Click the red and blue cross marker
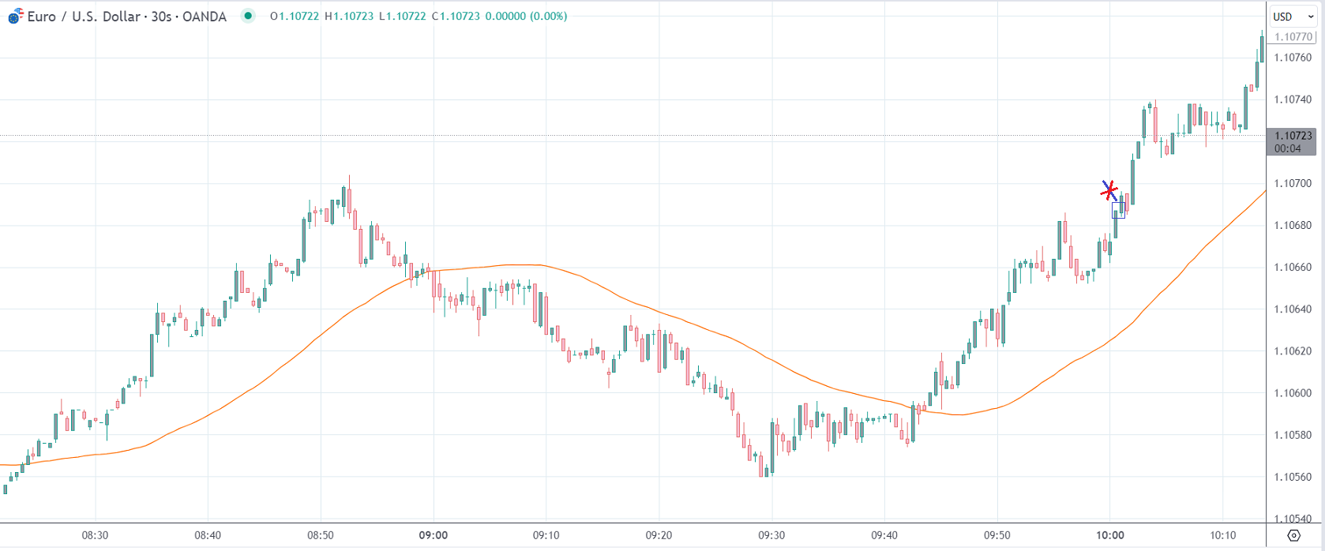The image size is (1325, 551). [x=1109, y=190]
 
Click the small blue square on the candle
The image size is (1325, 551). [x=1118, y=210]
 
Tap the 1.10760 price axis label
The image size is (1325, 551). [x=1293, y=58]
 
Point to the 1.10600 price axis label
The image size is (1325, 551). [x=1293, y=393]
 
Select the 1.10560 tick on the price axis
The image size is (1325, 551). [x=1293, y=477]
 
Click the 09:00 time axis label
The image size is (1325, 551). [x=434, y=535]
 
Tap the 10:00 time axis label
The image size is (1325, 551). [x=1109, y=535]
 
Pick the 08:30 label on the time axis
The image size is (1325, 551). [x=95, y=535]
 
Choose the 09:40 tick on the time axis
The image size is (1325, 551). [x=884, y=535]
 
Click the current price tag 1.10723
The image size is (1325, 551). [x=1293, y=136]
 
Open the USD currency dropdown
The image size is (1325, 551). [x=1293, y=17]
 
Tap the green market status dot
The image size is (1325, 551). [x=248, y=16]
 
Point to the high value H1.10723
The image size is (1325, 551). [x=349, y=17]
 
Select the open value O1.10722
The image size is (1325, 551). [x=295, y=17]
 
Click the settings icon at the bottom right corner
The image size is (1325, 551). [x=1293, y=536]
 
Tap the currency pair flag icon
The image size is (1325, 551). [x=15, y=17]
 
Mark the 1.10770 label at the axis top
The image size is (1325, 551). [x=1293, y=37]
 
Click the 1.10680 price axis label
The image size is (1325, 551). [x=1293, y=226]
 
